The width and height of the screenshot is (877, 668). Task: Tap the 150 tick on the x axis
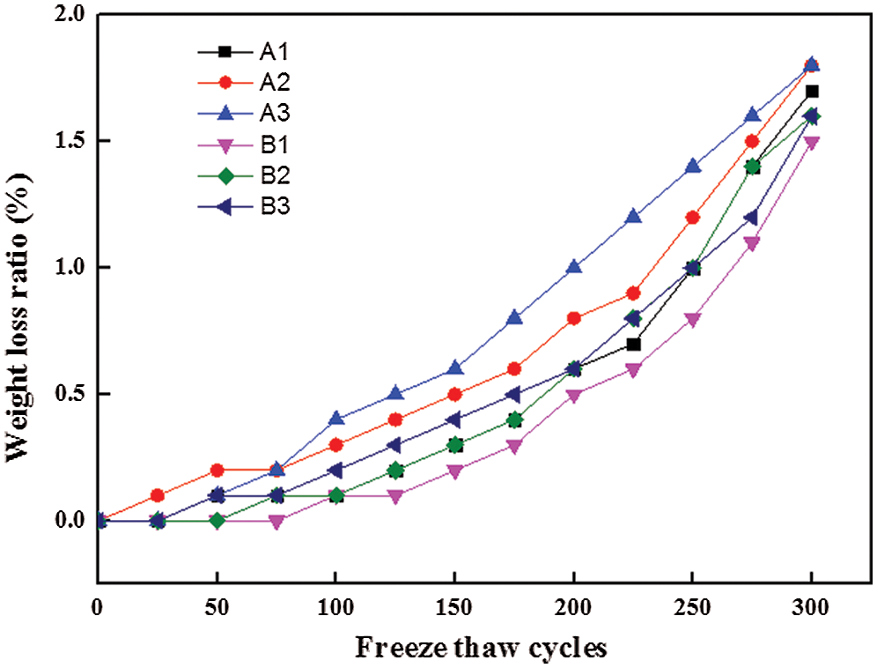coord(454,609)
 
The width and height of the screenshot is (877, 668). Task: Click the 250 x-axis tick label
coord(692,609)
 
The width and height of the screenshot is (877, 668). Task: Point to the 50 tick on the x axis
coord(217,609)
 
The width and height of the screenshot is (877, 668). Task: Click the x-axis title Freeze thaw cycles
coord(482,649)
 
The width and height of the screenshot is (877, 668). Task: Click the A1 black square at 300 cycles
coord(812,91)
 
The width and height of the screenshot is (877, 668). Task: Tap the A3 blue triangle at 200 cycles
coord(574,267)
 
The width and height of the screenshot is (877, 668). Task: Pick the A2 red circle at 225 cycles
coord(633,293)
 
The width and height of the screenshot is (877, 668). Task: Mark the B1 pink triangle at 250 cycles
coord(692,319)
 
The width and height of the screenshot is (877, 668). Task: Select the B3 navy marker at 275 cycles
coord(752,217)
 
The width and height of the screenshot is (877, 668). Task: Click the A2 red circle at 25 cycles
coord(158,495)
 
